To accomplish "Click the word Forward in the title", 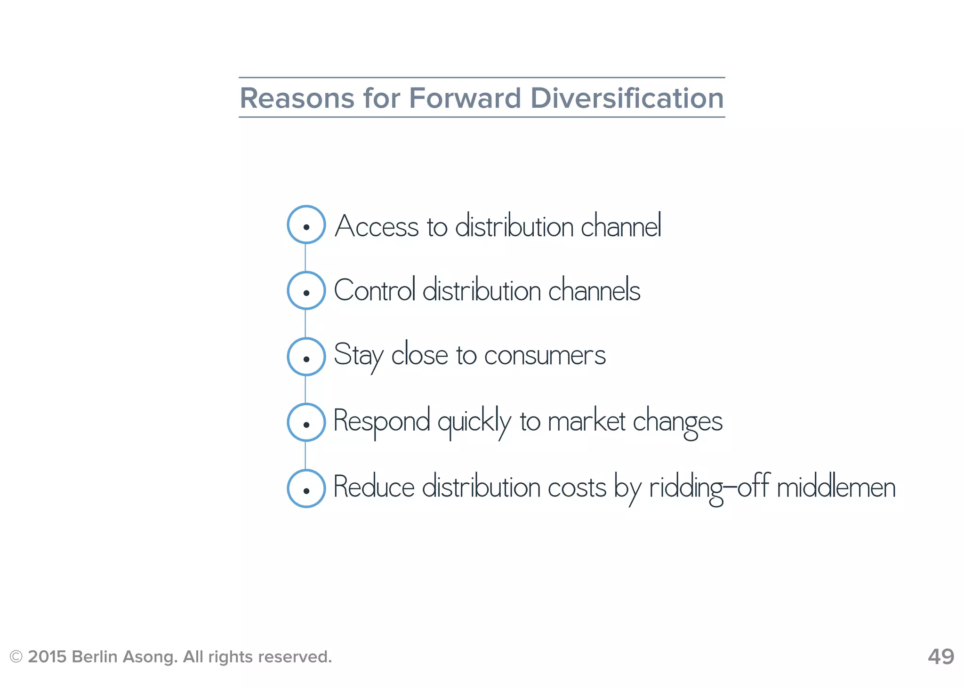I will [x=465, y=98].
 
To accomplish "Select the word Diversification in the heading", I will [x=627, y=98].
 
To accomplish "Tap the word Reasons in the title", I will [x=297, y=98].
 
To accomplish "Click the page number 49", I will [x=940, y=656].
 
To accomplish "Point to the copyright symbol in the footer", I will [x=16, y=656].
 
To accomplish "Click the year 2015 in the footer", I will [x=47, y=656].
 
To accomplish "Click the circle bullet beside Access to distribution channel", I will [x=306, y=225].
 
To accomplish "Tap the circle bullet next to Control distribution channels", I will [x=306, y=291].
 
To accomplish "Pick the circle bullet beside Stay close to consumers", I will [x=306, y=357].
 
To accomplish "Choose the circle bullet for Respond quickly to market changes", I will [x=306, y=423].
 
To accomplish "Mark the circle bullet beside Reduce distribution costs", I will [x=306, y=488].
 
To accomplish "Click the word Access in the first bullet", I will [x=376, y=226].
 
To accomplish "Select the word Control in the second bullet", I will [x=375, y=290].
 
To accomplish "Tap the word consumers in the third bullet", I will [x=545, y=356].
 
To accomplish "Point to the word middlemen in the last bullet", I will [x=836, y=488].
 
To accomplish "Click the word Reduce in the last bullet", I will [x=374, y=487].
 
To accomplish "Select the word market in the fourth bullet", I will [x=586, y=422].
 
